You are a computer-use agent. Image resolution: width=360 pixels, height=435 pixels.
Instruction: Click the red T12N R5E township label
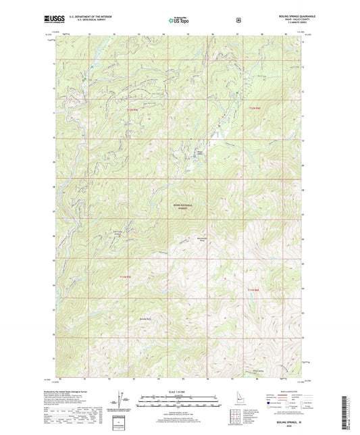(x=132, y=108)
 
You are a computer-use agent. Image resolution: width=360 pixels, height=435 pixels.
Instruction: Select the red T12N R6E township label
(x=253, y=108)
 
